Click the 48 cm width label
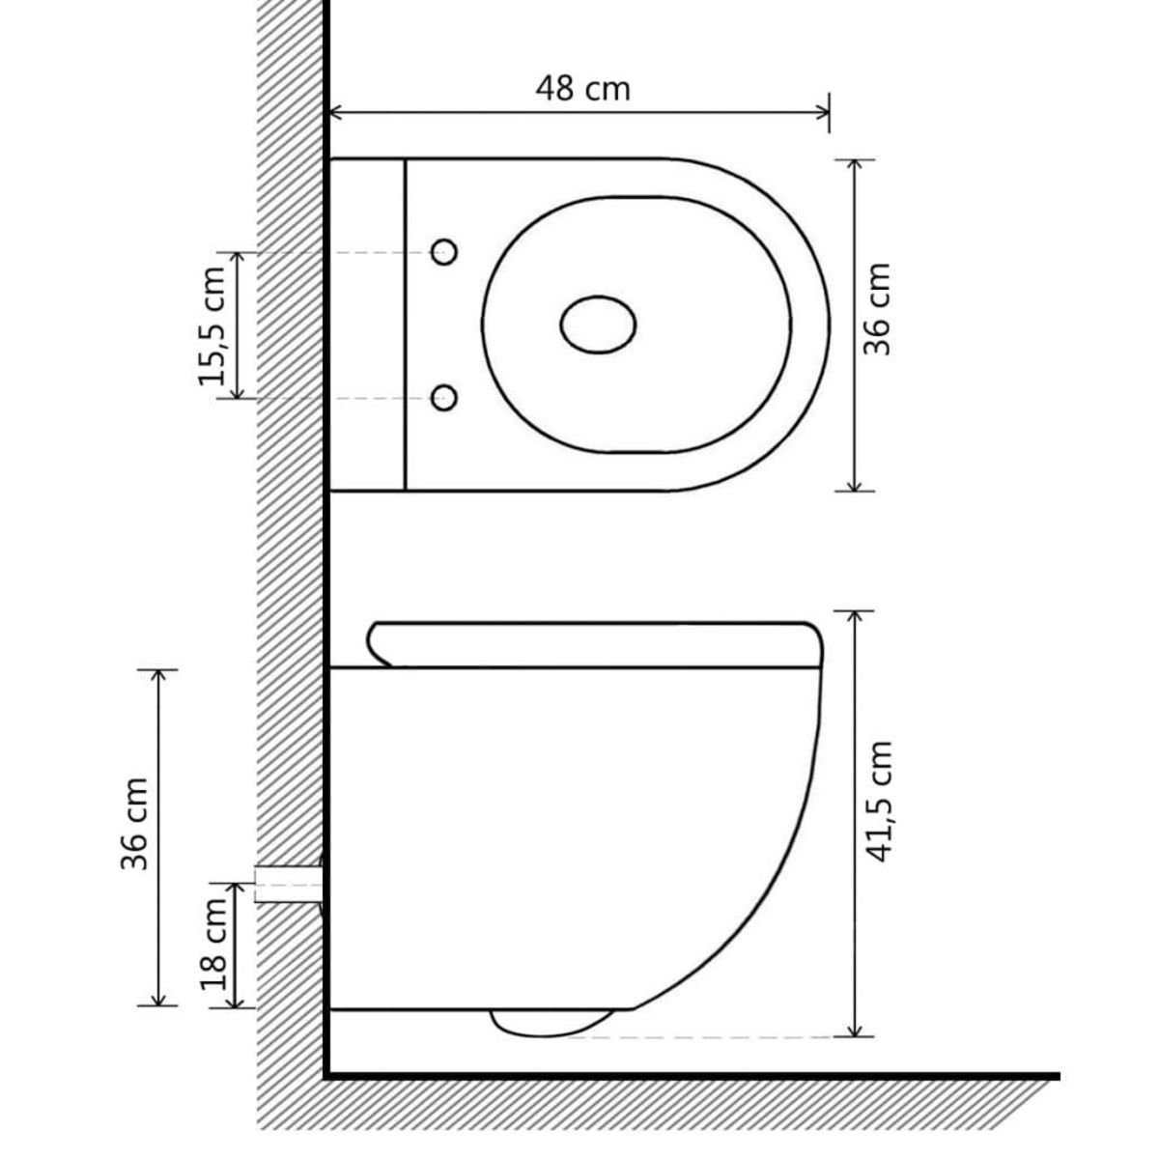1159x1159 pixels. [x=582, y=88]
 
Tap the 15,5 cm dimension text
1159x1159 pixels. [x=212, y=325]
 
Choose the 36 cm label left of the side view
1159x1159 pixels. [x=135, y=824]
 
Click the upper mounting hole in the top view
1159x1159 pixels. [x=443, y=252]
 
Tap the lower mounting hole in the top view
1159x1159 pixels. [x=443, y=397]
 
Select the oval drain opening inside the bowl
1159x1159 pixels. [x=599, y=325]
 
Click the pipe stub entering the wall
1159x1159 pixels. [x=287, y=883]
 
